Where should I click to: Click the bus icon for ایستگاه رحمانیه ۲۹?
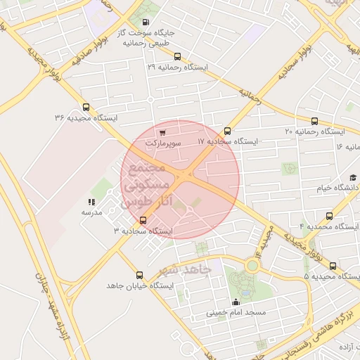(176, 56)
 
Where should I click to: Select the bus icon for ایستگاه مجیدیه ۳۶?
(86, 108)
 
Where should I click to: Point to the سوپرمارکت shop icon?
(162, 131)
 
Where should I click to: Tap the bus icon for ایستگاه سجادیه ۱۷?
(227, 131)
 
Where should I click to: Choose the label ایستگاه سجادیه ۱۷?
(228, 141)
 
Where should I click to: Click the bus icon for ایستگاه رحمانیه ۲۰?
(314, 121)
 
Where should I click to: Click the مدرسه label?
(92, 212)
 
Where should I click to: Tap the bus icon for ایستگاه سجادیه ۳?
(143, 220)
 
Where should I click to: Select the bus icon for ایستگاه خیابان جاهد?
(139, 276)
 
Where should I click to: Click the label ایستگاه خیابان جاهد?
(139, 286)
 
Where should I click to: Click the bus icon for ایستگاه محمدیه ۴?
(328, 216)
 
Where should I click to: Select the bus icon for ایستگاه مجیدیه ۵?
(333, 266)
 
